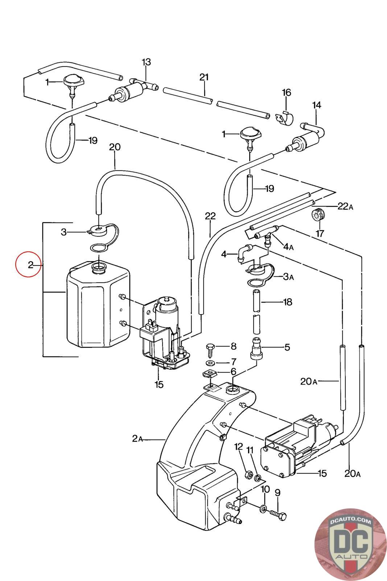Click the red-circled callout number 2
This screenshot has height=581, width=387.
pyautogui.click(x=30, y=265)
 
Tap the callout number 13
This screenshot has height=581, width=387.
pyautogui.click(x=146, y=62)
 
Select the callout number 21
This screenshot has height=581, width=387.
pyautogui.click(x=204, y=77)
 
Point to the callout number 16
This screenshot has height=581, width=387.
pyautogui.click(x=286, y=93)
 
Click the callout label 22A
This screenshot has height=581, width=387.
pyautogui.click(x=345, y=207)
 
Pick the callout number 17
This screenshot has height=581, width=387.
pyautogui.click(x=320, y=234)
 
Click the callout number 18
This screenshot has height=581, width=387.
pyautogui.click(x=288, y=302)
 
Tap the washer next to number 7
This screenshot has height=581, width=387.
pyautogui.click(x=211, y=362)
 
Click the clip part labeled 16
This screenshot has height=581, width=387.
pyautogui.click(x=284, y=118)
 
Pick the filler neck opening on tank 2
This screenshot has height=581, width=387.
pyautogui.click(x=99, y=267)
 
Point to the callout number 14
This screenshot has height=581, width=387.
pyautogui.click(x=317, y=105)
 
